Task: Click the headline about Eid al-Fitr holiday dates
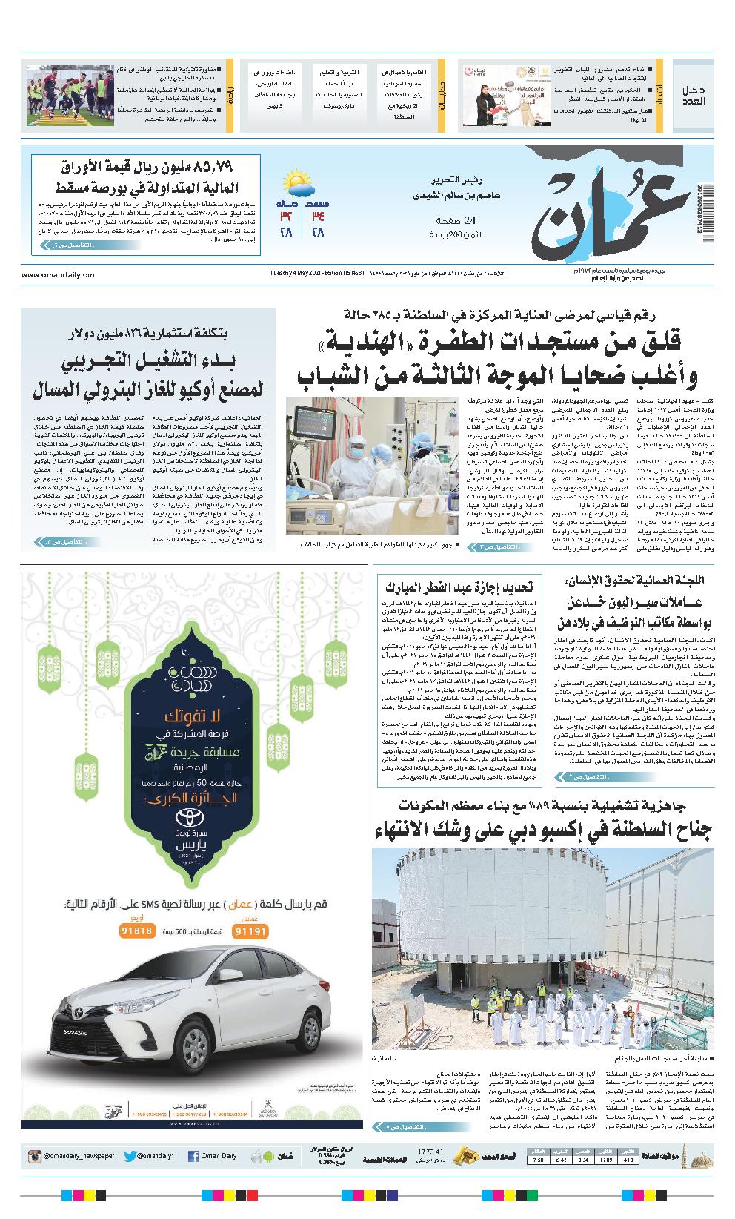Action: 462,587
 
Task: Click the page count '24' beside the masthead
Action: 470,220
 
